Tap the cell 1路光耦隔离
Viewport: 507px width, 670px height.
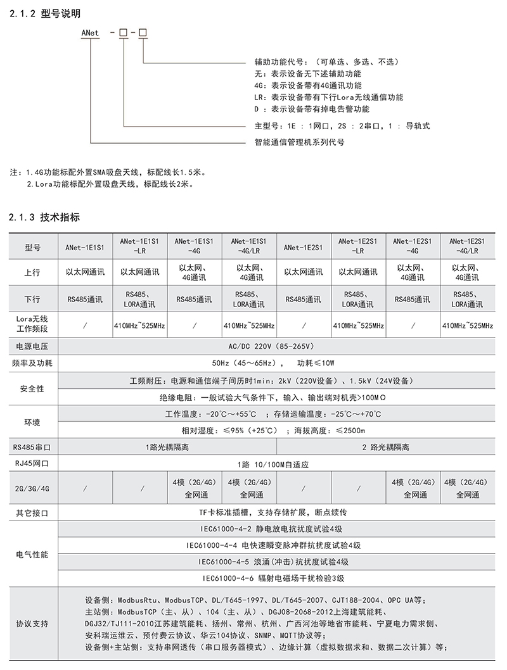click(167, 447)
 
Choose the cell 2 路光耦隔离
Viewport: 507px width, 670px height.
click(386, 447)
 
